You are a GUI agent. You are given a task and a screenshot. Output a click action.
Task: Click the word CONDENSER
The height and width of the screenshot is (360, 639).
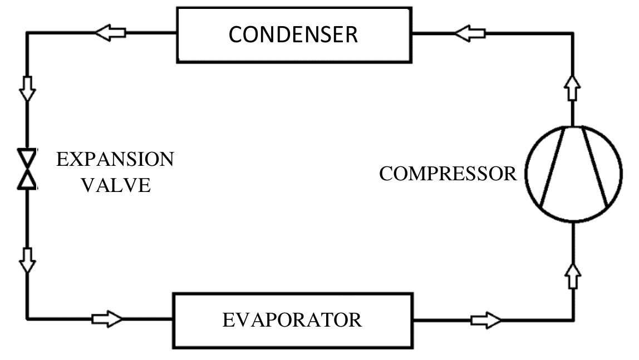click(x=293, y=34)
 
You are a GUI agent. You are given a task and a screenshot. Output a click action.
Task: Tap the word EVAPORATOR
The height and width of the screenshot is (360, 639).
click(x=292, y=320)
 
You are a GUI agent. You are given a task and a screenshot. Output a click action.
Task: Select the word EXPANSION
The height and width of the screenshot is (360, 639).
click(x=115, y=159)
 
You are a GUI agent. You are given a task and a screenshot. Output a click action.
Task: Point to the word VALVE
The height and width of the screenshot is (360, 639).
click(x=116, y=185)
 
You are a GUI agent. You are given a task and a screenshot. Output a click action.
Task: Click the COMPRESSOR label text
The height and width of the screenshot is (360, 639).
click(x=448, y=174)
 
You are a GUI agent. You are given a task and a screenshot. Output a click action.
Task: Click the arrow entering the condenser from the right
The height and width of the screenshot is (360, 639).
click(x=470, y=33)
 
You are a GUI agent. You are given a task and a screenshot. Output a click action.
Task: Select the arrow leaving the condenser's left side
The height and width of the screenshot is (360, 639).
click(x=110, y=33)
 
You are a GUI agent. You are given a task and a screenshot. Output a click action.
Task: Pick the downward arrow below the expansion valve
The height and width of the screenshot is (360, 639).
click(x=27, y=260)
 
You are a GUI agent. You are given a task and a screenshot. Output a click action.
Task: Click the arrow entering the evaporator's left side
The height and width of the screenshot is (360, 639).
click(x=107, y=319)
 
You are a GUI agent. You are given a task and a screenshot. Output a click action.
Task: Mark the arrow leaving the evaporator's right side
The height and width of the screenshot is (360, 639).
click(x=486, y=320)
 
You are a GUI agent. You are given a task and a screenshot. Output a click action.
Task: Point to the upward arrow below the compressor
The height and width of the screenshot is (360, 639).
click(x=573, y=276)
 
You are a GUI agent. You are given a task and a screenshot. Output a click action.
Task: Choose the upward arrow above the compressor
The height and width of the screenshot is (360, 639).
click(x=573, y=87)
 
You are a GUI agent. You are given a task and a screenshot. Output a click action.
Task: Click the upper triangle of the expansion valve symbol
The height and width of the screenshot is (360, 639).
click(x=27, y=157)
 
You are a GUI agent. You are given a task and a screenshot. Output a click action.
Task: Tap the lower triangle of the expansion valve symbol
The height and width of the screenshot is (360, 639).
click(x=27, y=180)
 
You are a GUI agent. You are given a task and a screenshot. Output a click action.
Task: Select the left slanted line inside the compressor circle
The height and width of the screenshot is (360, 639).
click(x=553, y=166)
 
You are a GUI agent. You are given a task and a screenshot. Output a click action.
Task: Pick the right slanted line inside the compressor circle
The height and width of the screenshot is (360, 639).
click(x=595, y=166)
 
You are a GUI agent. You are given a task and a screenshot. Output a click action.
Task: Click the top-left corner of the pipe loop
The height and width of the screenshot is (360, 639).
click(x=27, y=33)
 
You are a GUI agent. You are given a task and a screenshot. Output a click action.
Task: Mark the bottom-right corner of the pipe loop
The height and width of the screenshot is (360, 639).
click(x=573, y=320)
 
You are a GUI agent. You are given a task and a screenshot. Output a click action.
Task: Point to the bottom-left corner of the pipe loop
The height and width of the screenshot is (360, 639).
click(x=27, y=319)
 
